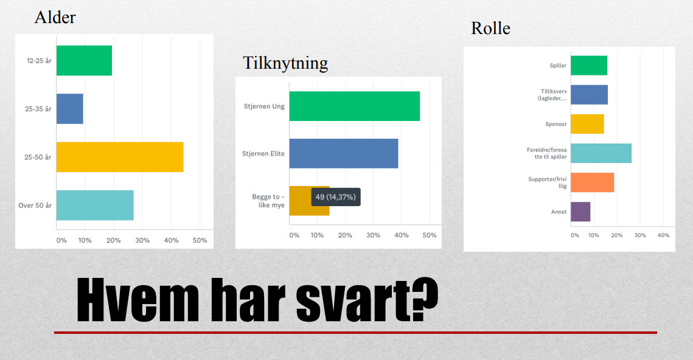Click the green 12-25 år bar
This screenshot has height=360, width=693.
tap(84, 61)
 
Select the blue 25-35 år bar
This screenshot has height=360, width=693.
tap(70, 109)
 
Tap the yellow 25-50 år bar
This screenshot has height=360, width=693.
tap(120, 157)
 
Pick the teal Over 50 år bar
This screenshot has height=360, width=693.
tap(95, 205)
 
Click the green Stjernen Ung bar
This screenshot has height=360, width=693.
tap(355, 106)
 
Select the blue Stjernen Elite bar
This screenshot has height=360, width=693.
tap(344, 153)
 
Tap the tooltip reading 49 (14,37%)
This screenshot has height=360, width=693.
tap(336, 197)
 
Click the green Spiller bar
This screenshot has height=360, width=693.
tap(589, 66)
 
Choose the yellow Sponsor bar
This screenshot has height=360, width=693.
tap(587, 124)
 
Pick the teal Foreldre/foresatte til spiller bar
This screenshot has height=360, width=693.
tap(601, 153)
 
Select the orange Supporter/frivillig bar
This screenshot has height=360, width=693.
tap(593, 182)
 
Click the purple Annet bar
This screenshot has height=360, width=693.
tap(580, 212)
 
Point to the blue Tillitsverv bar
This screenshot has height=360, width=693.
tap(589, 94)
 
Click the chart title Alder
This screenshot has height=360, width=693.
tap(55, 18)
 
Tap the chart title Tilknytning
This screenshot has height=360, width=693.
tap(285, 63)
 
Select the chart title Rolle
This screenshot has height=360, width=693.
tap(490, 28)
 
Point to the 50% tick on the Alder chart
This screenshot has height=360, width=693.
tap(200, 240)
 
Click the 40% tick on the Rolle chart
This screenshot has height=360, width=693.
tap(663, 235)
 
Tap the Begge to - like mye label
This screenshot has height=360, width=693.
tap(268, 201)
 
